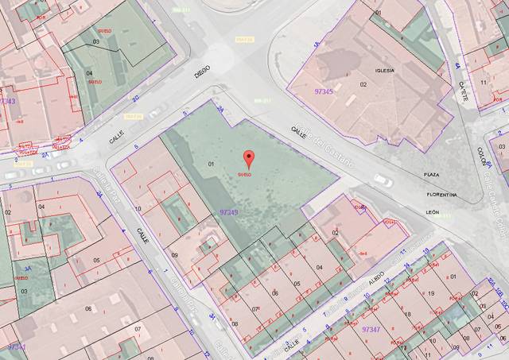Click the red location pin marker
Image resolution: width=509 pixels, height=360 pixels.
coord(248,157)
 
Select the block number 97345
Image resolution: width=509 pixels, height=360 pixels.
coord(324,92)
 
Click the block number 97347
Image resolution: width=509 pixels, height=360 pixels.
coord(371,327)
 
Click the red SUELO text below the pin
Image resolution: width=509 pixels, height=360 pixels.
coord(248,174)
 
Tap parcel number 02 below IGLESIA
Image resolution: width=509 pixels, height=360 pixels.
coord(363,83)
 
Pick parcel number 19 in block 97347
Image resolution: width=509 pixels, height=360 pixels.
coord(431,294)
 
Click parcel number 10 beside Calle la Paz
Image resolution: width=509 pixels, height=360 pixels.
coord(138,209)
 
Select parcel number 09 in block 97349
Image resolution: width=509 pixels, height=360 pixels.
coord(174,255)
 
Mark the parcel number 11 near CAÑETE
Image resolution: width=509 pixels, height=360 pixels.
coord(484,82)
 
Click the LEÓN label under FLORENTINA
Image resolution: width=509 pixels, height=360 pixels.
coord(433,212)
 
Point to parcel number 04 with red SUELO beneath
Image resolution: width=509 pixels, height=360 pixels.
coord(89,73)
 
